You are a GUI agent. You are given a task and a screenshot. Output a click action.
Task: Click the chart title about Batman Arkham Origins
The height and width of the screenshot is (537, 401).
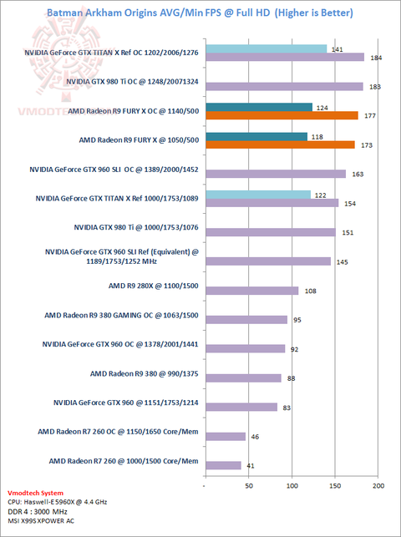point(200,13)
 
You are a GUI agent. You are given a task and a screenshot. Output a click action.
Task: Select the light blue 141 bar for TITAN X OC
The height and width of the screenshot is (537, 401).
point(266,49)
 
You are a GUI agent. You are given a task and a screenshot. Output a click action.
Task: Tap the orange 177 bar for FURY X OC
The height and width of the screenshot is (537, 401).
point(282,115)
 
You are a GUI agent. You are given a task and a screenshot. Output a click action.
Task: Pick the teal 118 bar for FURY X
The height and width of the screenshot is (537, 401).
point(256,137)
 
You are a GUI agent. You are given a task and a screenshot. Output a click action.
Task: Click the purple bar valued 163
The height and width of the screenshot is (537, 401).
point(276,174)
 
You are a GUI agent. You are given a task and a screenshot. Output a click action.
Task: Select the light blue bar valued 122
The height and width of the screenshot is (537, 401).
point(258,195)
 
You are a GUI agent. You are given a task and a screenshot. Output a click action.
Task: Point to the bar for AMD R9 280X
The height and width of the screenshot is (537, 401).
point(252,291)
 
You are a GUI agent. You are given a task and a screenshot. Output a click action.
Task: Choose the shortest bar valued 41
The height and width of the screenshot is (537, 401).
point(224,465)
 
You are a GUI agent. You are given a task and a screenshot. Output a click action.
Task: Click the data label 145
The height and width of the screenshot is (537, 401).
point(342,262)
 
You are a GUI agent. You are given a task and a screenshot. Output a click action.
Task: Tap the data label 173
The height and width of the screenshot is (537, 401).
point(367,145)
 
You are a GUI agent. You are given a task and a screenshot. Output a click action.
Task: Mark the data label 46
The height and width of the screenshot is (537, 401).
point(255,437)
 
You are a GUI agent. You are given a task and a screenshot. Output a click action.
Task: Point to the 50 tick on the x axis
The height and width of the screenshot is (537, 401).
point(249,485)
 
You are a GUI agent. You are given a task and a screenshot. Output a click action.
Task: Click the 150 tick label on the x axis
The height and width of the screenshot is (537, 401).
point(335,485)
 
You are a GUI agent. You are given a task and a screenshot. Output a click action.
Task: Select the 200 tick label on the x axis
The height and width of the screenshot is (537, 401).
point(378,485)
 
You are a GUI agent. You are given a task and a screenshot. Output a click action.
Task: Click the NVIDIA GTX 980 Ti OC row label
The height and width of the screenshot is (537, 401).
point(132,82)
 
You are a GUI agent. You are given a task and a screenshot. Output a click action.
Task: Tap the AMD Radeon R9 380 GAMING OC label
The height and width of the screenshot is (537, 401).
point(121,315)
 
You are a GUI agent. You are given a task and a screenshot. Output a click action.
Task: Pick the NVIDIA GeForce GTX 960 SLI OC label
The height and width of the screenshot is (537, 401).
point(114,170)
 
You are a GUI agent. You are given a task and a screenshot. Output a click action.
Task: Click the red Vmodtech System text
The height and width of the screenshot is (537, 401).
point(35,494)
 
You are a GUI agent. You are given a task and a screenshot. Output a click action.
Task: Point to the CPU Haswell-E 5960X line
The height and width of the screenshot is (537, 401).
point(57,502)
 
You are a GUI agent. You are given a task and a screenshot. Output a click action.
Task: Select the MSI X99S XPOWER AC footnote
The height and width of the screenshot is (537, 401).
point(41,521)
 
